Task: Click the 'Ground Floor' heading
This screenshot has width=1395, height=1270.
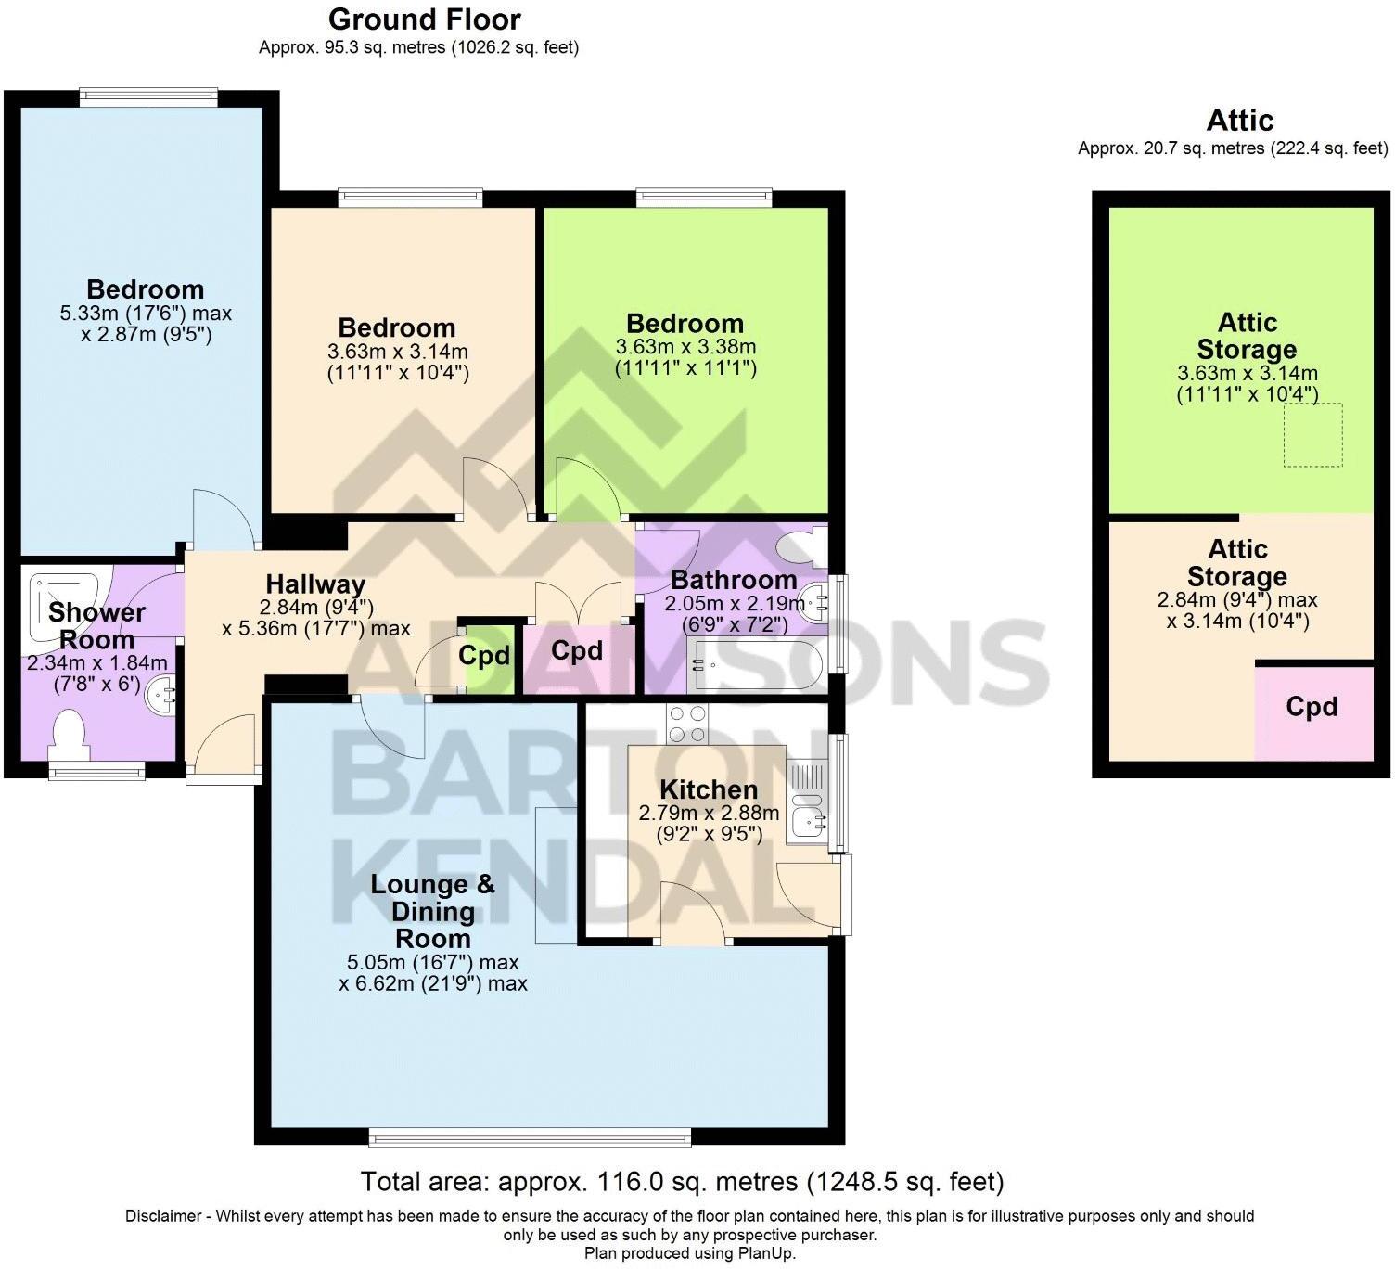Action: [x=424, y=19]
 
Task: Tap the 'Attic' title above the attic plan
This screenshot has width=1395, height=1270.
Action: [x=1239, y=121]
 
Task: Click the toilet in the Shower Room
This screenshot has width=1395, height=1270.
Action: [x=69, y=732]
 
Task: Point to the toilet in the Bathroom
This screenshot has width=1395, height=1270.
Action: [x=800, y=547]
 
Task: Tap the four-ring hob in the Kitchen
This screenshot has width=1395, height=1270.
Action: [x=686, y=724]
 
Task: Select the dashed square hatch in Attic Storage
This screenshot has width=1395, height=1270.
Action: [x=1312, y=435]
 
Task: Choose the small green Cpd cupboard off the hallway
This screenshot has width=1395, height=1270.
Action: [x=484, y=656]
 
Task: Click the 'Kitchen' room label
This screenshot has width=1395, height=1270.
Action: [x=709, y=789]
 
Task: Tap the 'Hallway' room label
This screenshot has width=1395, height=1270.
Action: [x=315, y=584]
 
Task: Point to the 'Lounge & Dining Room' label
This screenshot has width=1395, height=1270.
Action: [x=432, y=911]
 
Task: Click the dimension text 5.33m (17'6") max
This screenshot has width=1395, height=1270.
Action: [x=146, y=314]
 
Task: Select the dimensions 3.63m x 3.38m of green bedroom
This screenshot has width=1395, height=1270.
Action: [x=685, y=347]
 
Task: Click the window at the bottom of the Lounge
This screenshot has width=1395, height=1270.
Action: [x=530, y=1136]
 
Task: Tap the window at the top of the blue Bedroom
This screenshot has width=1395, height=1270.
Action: [x=148, y=93]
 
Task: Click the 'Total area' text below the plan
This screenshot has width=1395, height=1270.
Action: [x=682, y=1182]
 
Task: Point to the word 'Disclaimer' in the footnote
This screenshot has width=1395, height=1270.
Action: [x=164, y=1216]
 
